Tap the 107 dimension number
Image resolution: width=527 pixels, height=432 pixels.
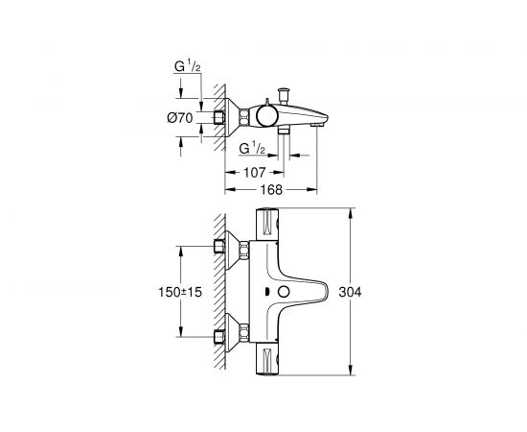coord(253,173)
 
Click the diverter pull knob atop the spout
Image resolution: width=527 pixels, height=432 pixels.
coord(285,94)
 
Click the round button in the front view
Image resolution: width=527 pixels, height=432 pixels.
coord(285,292)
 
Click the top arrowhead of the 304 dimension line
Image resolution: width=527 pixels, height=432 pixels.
coord(355,208)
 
